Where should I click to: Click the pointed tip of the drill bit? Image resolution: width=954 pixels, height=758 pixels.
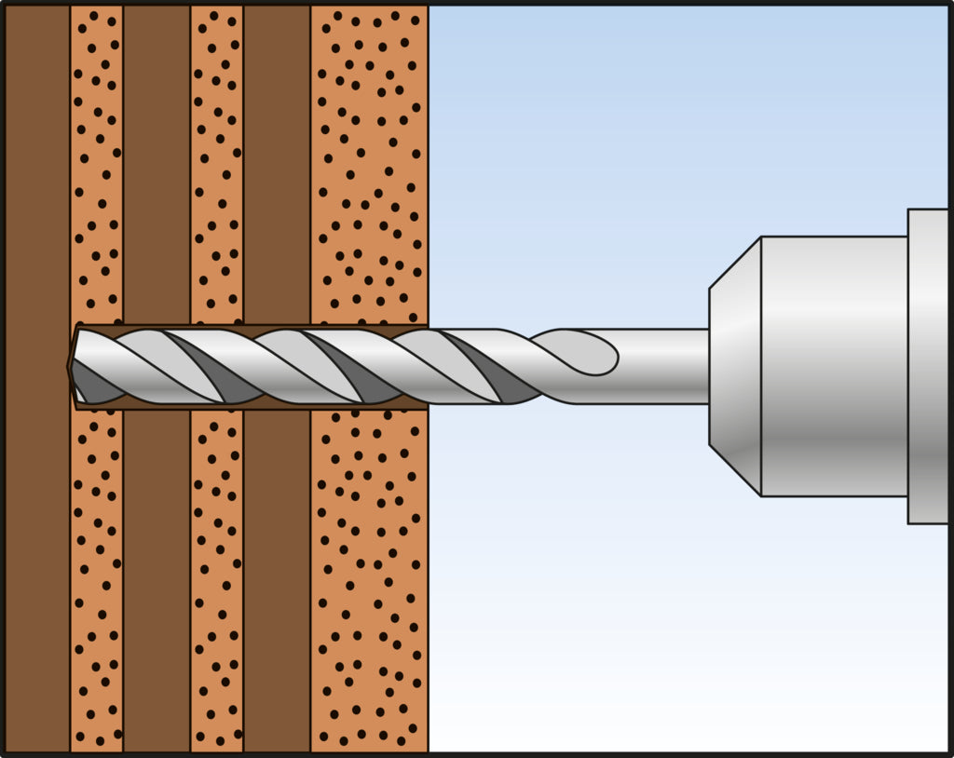(71, 366)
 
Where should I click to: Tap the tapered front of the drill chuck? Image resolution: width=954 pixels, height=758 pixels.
(735, 365)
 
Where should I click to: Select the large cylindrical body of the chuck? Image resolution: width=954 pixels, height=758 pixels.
(834, 365)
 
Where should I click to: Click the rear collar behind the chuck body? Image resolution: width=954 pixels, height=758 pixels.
(929, 365)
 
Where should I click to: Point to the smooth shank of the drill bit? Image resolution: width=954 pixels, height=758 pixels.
(661, 366)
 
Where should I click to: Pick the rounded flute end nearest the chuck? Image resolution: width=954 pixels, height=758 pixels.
(596, 353)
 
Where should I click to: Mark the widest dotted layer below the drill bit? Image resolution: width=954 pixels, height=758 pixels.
(369, 577)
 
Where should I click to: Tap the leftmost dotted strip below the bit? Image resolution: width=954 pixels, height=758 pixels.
(96, 577)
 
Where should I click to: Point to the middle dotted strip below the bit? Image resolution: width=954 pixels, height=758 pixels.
(216, 577)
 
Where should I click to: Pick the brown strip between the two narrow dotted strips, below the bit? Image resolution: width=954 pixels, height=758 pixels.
(156, 577)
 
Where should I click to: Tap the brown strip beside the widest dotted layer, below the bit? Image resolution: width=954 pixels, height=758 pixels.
(277, 577)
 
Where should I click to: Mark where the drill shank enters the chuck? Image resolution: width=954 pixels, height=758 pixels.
(708, 366)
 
